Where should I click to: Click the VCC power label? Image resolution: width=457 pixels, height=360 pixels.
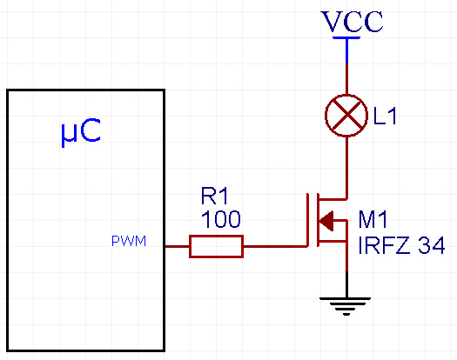point(352,22)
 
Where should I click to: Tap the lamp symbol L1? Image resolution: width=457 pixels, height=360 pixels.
point(346,116)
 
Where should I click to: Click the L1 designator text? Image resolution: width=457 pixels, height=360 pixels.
point(385,117)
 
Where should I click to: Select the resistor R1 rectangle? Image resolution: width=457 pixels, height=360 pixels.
point(216,246)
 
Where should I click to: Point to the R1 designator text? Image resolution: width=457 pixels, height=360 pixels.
point(214,196)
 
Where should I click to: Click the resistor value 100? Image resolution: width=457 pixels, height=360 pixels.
point(220,219)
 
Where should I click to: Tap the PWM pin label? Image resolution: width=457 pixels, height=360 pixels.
point(129,241)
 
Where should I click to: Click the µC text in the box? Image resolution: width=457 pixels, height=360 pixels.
point(81,132)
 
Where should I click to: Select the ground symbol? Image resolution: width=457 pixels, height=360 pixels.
point(346,306)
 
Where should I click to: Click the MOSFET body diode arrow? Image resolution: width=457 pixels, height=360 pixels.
point(326,221)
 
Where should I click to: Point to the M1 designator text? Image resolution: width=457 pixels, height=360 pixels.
point(373,219)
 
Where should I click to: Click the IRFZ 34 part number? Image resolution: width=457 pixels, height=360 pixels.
point(401,245)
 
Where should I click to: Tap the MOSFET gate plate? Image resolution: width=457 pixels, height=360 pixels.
point(307,220)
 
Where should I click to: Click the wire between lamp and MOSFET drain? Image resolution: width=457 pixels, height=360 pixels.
point(346,168)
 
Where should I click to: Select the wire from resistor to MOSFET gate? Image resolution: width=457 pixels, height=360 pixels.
point(274,246)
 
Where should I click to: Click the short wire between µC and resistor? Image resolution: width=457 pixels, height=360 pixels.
point(178,246)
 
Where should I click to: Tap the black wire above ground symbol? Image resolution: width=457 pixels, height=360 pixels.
point(346,284)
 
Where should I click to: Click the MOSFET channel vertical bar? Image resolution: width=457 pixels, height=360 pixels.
point(319,220)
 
